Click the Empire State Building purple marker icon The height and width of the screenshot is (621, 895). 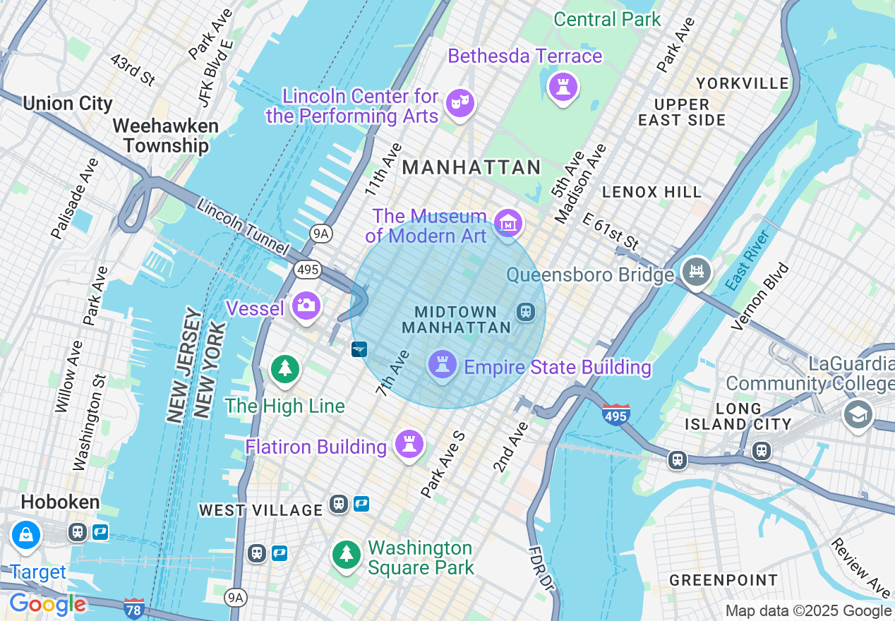(443, 365)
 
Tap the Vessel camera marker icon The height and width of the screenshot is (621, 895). (306, 306)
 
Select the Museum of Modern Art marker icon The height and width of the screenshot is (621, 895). (508, 223)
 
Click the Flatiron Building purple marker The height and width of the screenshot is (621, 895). (409, 445)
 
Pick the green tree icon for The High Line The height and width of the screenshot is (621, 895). (284, 369)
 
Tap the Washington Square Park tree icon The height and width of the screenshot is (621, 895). (346, 554)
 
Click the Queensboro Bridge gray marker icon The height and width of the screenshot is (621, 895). (697, 272)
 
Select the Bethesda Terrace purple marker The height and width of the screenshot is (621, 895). (563, 88)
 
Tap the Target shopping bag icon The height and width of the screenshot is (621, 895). (26, 535)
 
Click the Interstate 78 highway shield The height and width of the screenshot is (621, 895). (133, 608)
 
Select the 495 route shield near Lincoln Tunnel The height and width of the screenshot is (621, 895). (308, 270)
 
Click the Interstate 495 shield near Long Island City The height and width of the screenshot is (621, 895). (615, 416)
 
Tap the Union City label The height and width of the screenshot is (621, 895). (68, 104)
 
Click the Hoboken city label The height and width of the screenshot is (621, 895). (60, 502)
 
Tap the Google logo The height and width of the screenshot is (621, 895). (47, 605)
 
